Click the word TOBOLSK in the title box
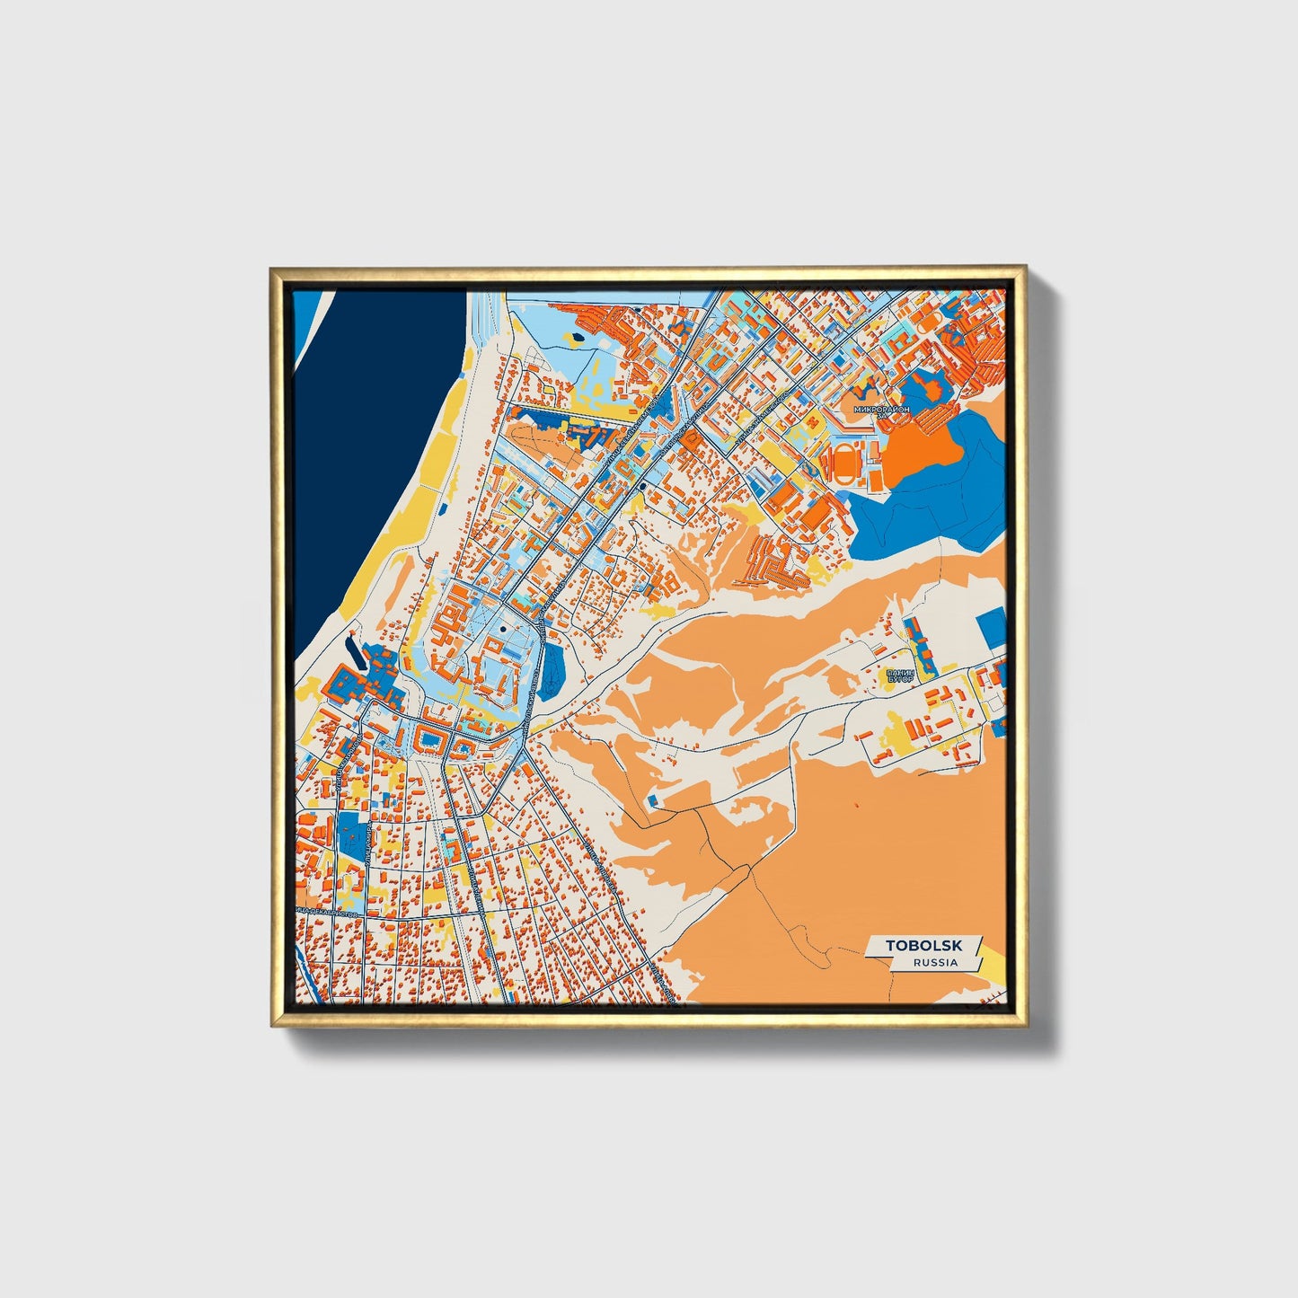(x=923, y=945)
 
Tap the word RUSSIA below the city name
(x=935, y=962)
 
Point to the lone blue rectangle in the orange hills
(x=653, y=799)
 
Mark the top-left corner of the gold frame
(x=273, y=269)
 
